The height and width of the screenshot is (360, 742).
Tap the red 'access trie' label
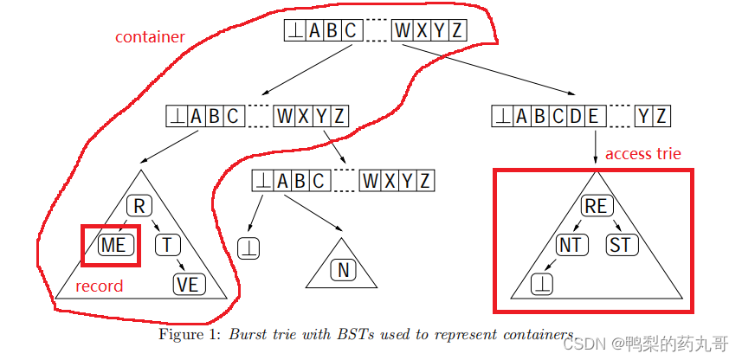coord(643,154)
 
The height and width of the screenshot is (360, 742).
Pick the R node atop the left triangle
coord(139,206)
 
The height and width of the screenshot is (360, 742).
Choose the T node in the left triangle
coord(167,245)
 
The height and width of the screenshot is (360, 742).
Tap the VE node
coord(189,283)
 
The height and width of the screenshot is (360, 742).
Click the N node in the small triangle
coord(343,270)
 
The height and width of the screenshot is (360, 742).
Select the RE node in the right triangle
coord(596,206)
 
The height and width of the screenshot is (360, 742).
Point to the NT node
coord(569,245)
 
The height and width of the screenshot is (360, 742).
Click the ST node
coord(620,245)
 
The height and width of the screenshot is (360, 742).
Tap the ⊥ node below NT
coord(543,283)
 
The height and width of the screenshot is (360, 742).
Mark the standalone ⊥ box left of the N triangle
coord(249,247)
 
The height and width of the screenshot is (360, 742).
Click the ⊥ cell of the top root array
coord(294,31)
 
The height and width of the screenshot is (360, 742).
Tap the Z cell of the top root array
coord(457,31)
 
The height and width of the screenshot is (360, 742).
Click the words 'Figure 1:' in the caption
coord(190,334)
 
